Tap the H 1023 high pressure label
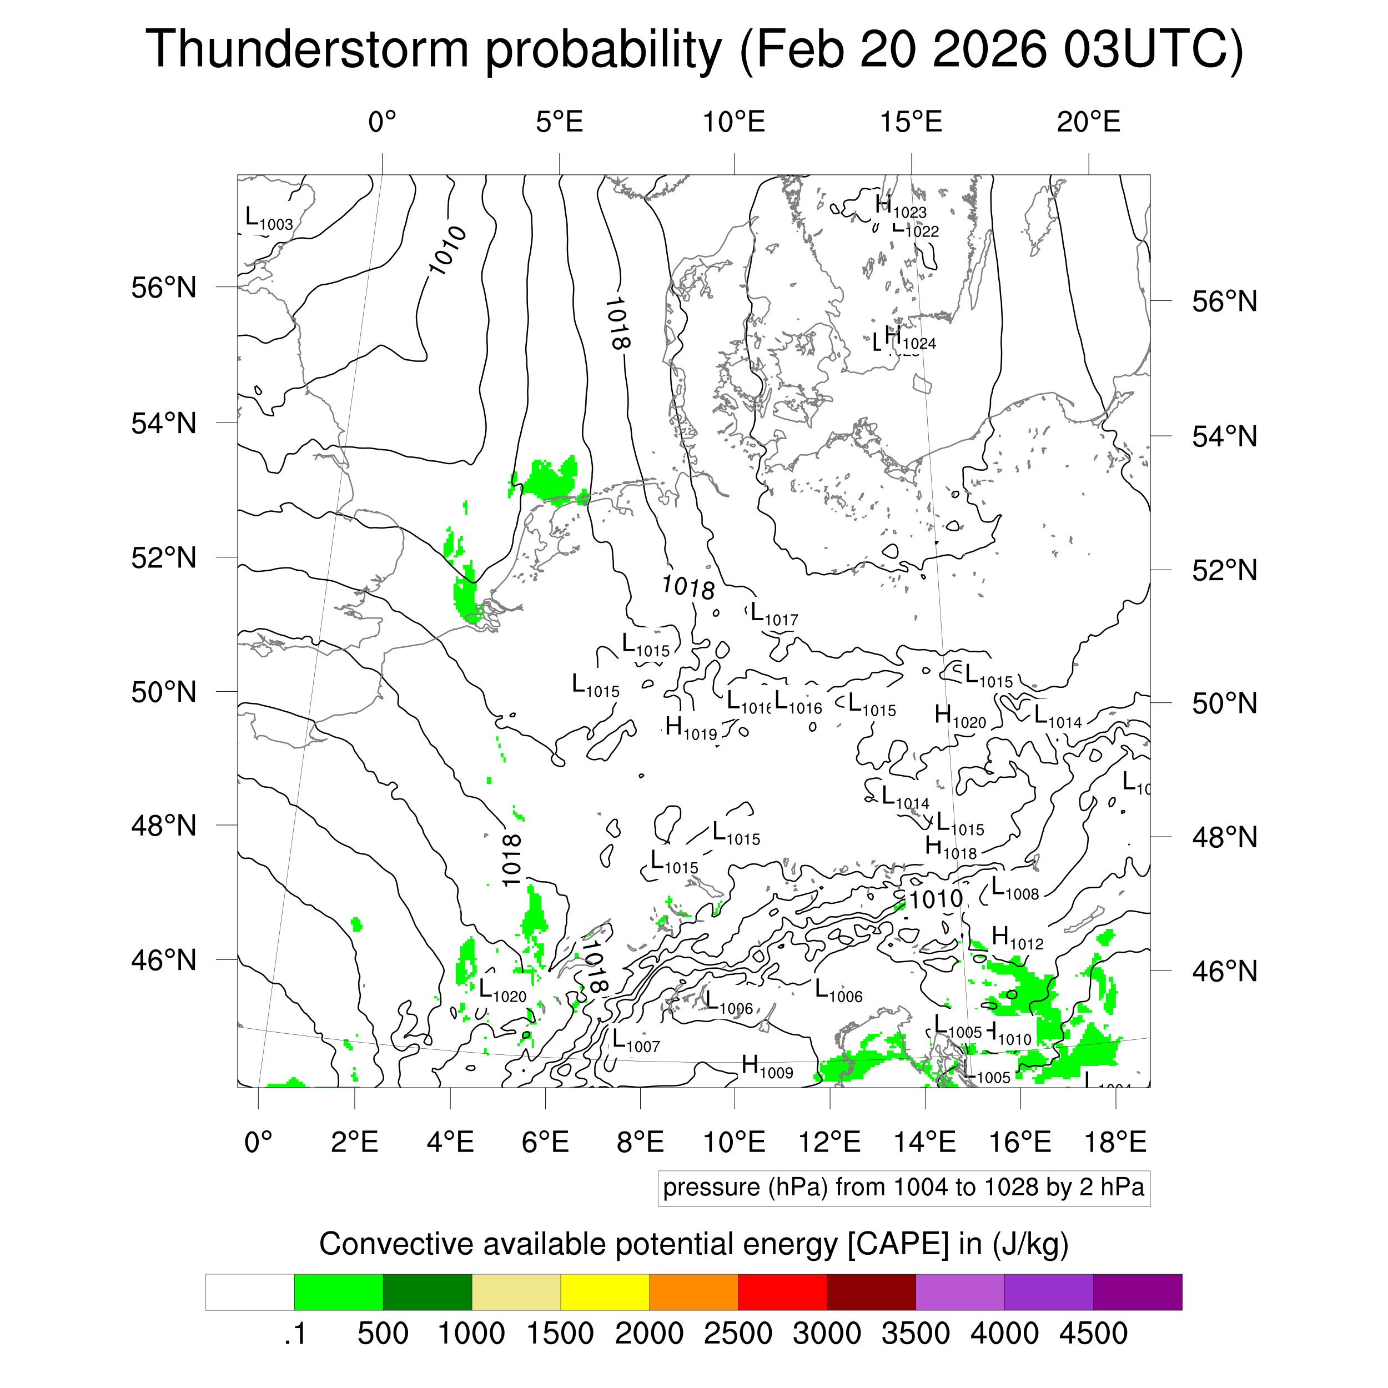pos(899,208)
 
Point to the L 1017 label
pos(773,615)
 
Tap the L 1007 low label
pos(635,1042)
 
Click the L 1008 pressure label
pos(1014,889)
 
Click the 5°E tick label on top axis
pos(559,122)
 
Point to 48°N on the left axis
pos(164,826)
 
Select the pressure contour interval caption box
pos(903,1188)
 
